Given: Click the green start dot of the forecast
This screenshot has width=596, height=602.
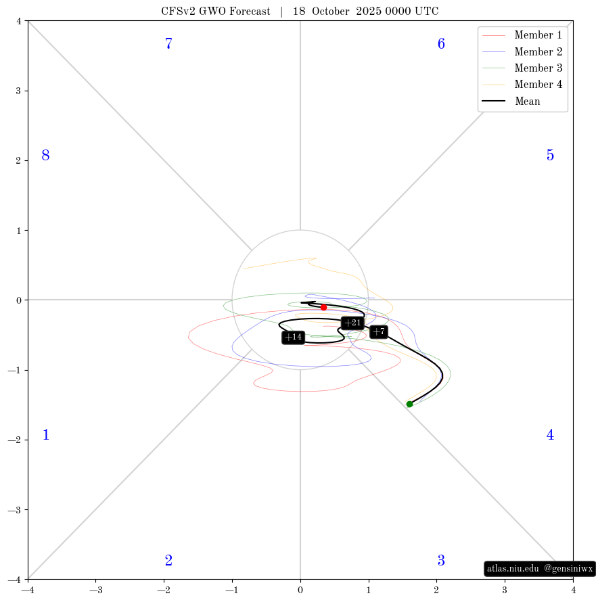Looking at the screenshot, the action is tap(409, 404).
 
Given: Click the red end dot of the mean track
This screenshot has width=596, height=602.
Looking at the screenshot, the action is tap(324, 307).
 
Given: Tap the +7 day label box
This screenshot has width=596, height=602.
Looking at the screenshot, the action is tap(379, 331).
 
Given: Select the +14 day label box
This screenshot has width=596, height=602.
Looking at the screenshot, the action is tap(294, 338).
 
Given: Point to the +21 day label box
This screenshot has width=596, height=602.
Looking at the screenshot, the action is tap(352, 323).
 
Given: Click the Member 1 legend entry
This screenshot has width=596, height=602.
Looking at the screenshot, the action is tap(522, 35).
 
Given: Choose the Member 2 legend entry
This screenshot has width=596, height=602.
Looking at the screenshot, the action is tap(522, 51).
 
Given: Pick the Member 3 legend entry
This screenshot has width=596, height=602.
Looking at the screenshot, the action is tap(522, 68).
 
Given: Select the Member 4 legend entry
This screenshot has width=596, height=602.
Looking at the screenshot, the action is tap(522, 84).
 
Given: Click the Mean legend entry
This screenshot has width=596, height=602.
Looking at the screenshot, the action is tap(511, 101).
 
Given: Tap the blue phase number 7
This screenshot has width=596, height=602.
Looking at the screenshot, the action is tap(168, 43).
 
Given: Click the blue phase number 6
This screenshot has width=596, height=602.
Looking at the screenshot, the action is tap(441, 43).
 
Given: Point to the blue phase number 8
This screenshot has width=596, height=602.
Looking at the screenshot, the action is tap(46, 155).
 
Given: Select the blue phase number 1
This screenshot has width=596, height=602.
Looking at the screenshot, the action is tap(46, 435).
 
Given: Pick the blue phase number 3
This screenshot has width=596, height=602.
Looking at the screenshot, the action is tap(441, 561).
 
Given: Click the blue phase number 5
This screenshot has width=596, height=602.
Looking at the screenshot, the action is tap(550, 155).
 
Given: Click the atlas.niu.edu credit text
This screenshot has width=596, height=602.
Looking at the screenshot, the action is tap(513, 568).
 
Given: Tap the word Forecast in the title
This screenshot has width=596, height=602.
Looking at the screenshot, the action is tap(250, 11).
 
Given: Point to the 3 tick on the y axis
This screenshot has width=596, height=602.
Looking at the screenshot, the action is tap(19, 91).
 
